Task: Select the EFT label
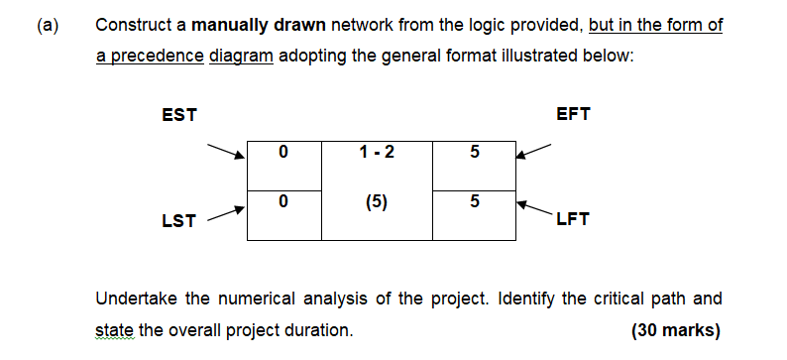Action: [574, 114]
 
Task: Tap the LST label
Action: [177, 220]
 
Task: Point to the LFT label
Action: [573, 220]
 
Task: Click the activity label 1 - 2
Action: [378, 152]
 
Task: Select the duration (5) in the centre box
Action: [377, 203]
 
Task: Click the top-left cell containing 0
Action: [283, 153]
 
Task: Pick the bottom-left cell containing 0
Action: [283, 203]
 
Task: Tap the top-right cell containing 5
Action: [474, 153]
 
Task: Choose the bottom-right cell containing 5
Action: [474, 203]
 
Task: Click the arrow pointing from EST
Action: [225, 151]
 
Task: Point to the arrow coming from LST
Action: [225, 212]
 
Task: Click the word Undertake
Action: [134, 299]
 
